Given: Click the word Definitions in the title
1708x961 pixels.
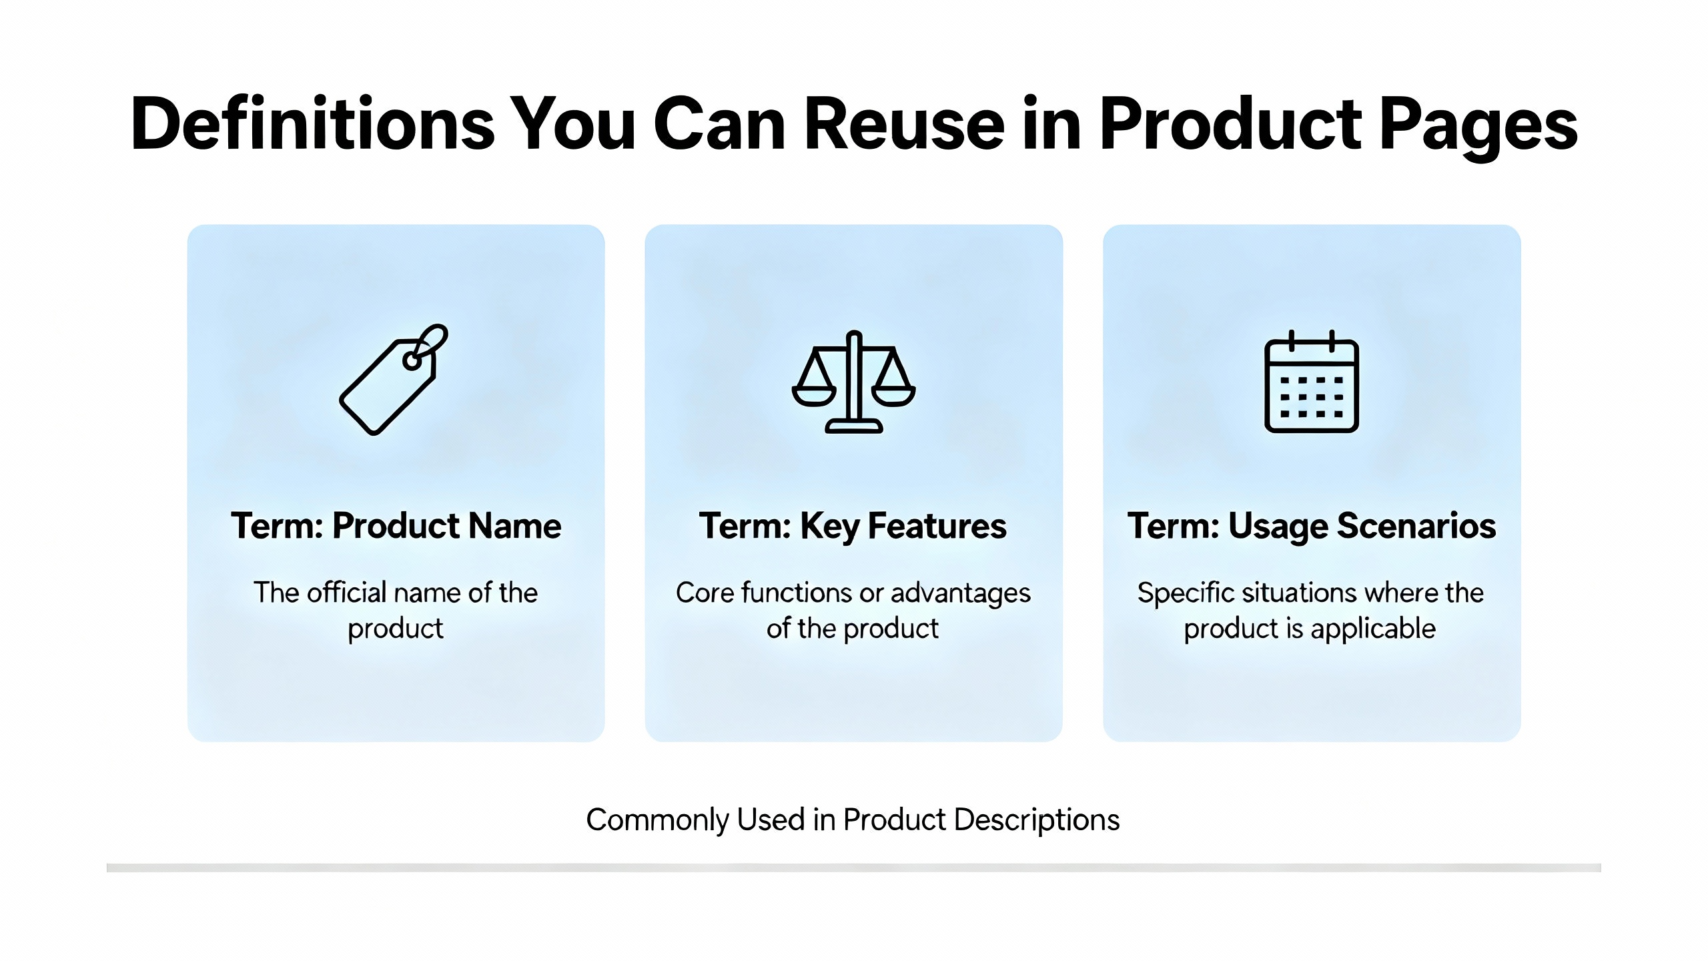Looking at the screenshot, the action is pos(312,124).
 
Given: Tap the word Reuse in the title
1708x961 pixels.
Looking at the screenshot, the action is pos(904,124).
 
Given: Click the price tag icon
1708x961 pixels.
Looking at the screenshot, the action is pos(394,380).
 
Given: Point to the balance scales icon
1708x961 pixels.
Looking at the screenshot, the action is pos(854,382).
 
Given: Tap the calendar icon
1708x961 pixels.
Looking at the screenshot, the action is pos(1312,381).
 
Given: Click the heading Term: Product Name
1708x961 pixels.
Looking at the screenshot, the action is pos(396,526).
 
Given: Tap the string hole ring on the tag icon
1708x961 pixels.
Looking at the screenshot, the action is pos(412,361).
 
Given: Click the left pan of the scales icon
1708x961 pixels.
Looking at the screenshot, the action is pos(814,396).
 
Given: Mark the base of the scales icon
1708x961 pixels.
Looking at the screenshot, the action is pos(854,426).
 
